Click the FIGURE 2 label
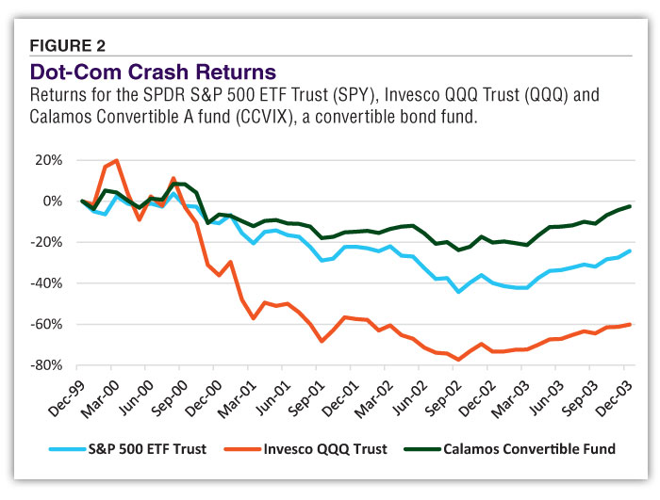pyautogui.click(x=69, y=45)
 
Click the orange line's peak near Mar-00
pyautogui.click(x=116, y=161)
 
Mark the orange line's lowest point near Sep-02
pyautogui.click(x=459, y=360)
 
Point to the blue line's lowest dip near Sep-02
pyautogui.click(x=459, y=292)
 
